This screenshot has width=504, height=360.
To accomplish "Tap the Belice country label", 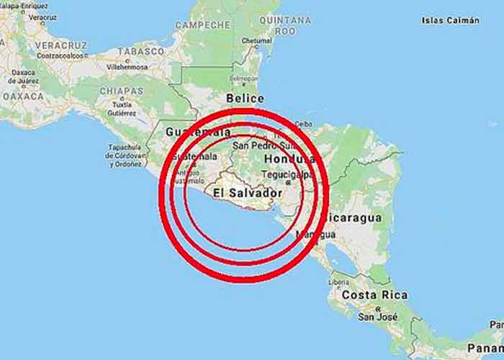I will [244, 98].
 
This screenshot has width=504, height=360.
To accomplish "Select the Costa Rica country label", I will [374, 295].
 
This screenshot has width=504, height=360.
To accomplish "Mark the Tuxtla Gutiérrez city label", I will [122, 109].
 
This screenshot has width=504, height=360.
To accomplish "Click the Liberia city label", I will [338, 282].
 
